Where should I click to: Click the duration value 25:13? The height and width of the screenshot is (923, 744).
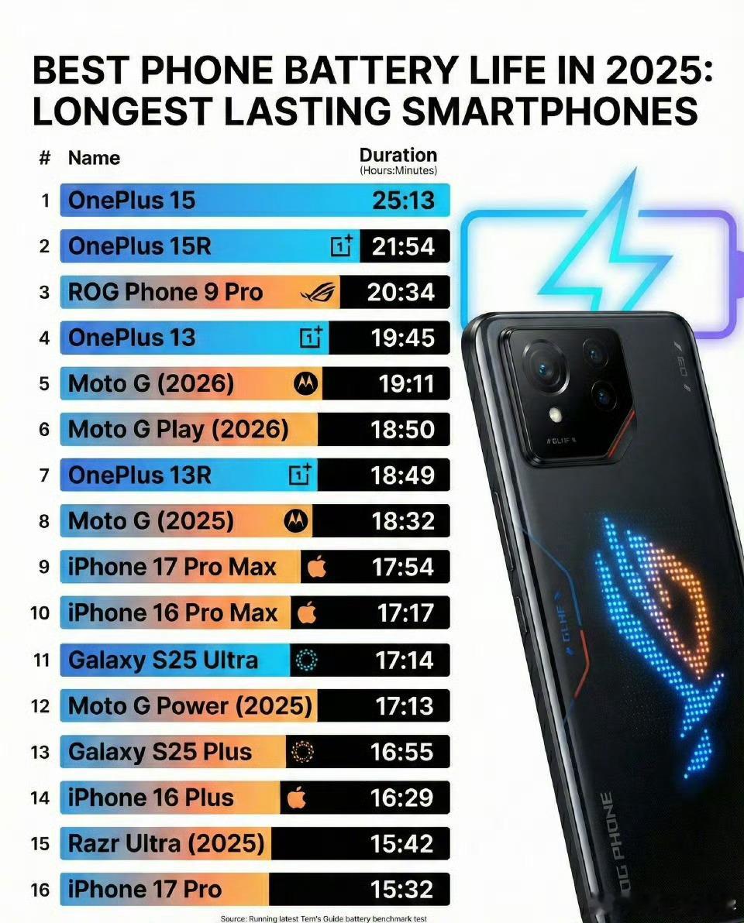tap(403, 201)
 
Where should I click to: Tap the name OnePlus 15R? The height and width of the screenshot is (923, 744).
tap(139, 246)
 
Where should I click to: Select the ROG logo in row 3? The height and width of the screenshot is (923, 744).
tap(319, 293)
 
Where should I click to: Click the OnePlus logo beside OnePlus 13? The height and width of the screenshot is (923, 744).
tap(310, 338)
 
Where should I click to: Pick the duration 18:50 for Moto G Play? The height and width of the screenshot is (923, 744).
tap(403, 430)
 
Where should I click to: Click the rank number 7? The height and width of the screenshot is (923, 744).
tap(44, 475)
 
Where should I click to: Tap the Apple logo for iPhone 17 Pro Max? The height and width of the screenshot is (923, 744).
tap(316, 568)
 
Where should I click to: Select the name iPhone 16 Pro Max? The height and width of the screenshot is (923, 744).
tap(172, 613)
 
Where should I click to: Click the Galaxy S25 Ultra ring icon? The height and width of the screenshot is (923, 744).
tap(306, 661)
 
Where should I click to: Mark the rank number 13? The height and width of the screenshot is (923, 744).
tap(40, 752)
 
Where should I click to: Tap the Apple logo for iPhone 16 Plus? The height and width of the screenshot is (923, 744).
tap(296, 798)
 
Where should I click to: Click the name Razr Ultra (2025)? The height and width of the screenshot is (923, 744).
tap(166, 843)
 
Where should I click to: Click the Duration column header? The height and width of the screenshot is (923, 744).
tap(398, 156)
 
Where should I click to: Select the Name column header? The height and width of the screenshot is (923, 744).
tap(94, 158)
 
